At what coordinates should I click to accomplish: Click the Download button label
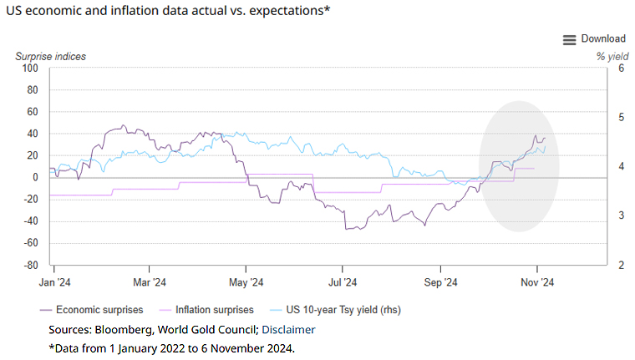pyautogui.click(x=603, y=38)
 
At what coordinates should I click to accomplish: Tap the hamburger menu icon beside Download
pyautogui.click(x=570, y=39)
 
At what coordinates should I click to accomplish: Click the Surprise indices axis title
pyautogui.click(x=50, y=56)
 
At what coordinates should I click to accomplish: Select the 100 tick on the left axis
pyautogui.click(x=30, y=68)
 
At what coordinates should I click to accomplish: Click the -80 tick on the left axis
pyautogui.click(x=30, y=266)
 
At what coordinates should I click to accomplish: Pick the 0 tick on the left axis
pyautogui.click(x=35, y=177)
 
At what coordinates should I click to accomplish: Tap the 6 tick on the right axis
pyautogui.click(x=622, y=68)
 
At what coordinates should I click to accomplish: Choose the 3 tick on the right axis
pyautogui.click(x=622, y=215)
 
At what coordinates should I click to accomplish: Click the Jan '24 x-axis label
pyautogui.click(x=53, y=282)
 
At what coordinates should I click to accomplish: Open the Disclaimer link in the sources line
pyautogui.click(x=288, y=329)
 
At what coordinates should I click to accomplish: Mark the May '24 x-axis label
pyautogui.click(x=247, y=282)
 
